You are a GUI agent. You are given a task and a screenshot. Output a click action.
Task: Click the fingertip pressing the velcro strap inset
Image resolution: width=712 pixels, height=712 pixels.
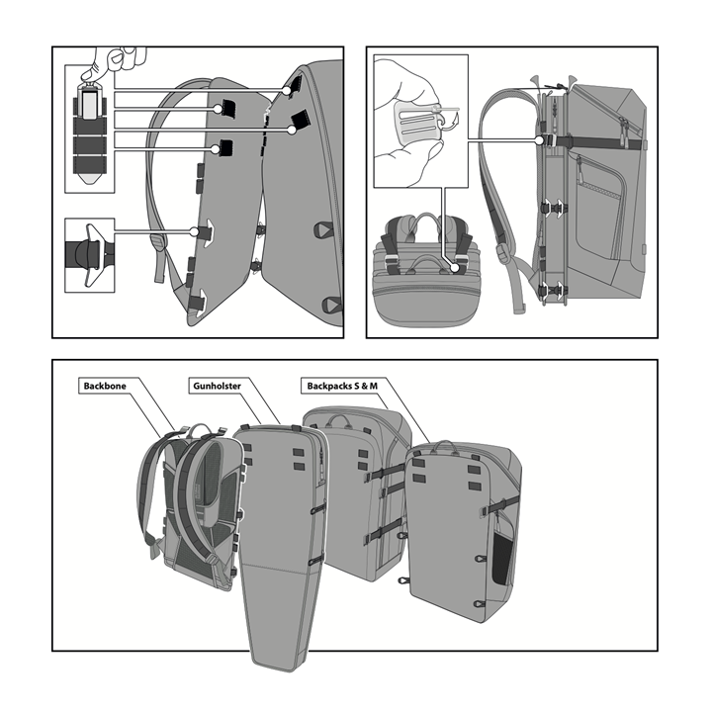pyautogui.click(x=89, y=72)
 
